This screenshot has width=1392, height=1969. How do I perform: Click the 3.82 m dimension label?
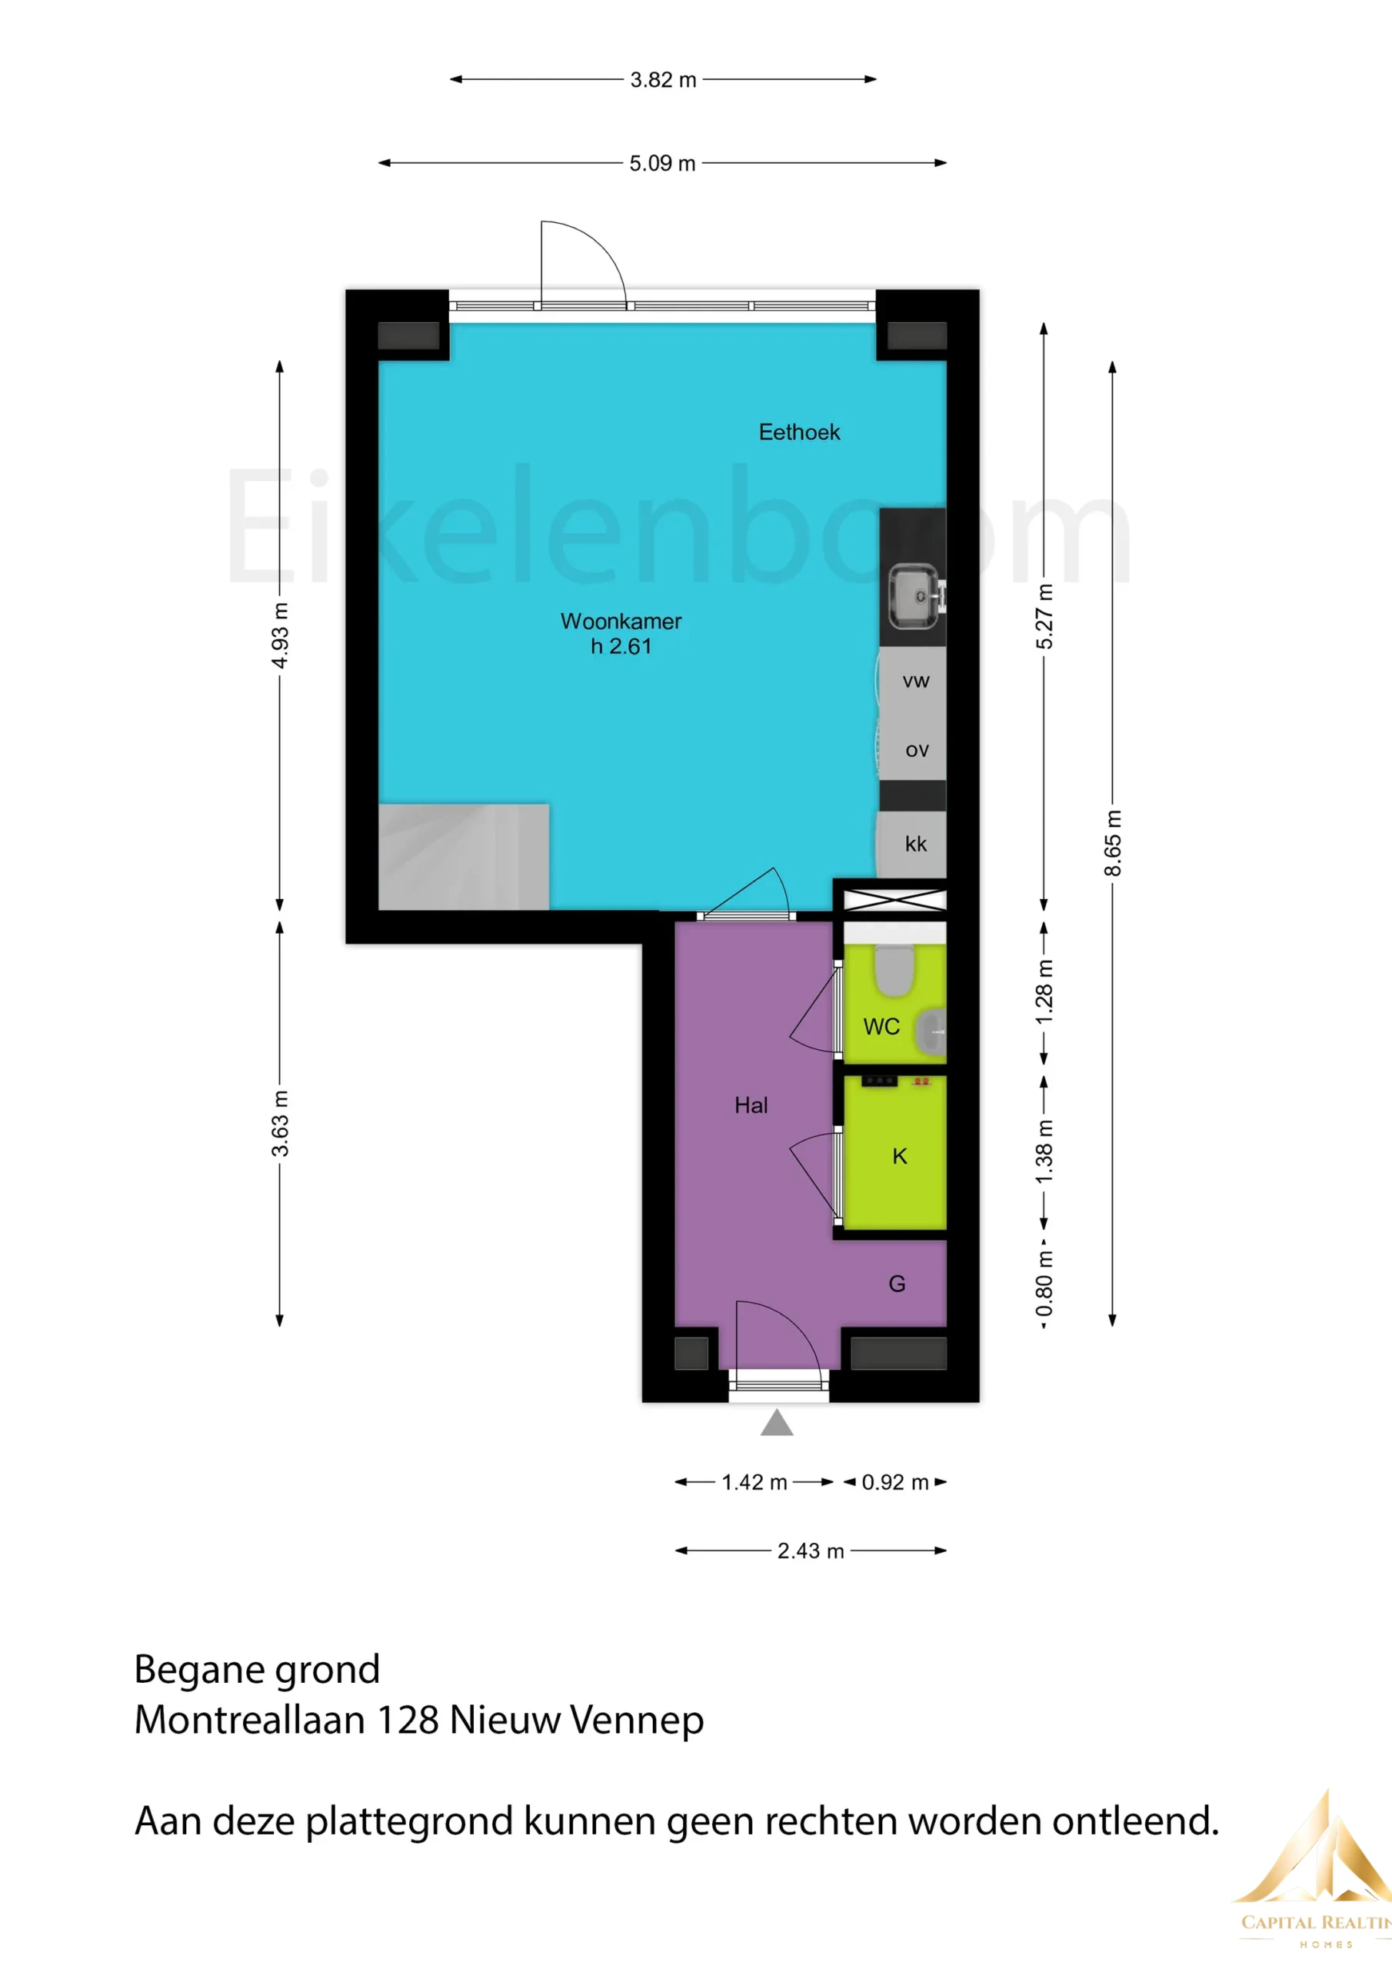click(663, 80)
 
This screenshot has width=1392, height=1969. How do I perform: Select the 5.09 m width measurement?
click(662, 163)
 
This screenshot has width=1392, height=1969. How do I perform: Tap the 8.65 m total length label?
click(1112, 843)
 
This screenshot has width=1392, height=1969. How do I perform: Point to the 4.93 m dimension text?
click(280, 635)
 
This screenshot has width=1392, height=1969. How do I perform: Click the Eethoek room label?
click(799, 432)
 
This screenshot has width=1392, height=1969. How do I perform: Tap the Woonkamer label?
click(621, 621)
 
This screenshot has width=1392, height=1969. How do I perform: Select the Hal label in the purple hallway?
click(751, 1105)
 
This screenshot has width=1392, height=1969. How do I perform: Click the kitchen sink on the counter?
click(915, 595)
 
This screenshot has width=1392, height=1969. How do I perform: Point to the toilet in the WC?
click(894, 970)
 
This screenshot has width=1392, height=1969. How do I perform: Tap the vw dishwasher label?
click(916, 681)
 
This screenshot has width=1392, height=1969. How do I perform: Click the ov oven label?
click(917, 751)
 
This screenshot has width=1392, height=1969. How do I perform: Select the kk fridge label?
click(916, 844)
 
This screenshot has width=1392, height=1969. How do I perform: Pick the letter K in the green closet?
click(900, 1157)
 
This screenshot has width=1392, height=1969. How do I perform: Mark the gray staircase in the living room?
click(464, 857)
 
